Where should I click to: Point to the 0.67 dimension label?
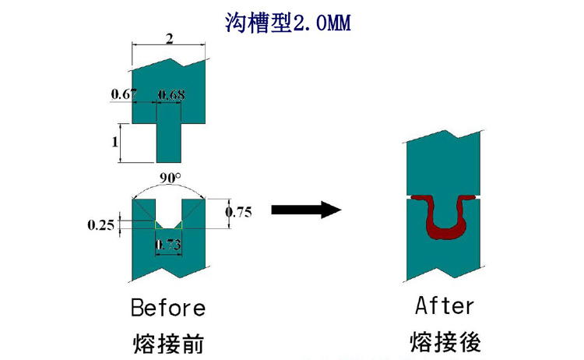[x=124, y=95]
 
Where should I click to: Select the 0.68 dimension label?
[x=171, y=95]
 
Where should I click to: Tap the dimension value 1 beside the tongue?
[x=114, y=143]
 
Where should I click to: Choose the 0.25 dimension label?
[x=101, y=226]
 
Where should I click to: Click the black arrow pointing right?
[x=305, y=210]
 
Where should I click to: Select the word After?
[x=444, y=305]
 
